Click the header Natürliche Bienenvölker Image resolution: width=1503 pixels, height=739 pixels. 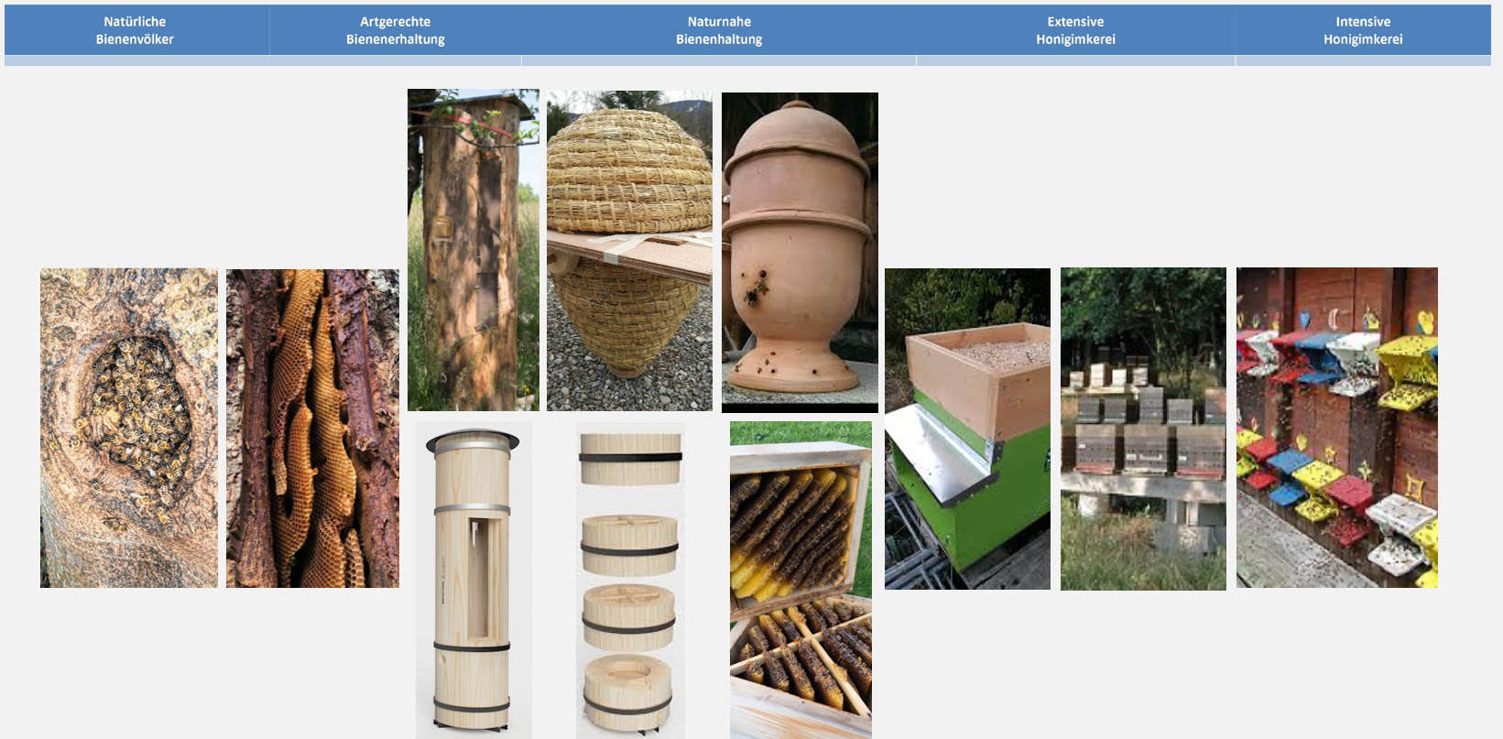(135, 30)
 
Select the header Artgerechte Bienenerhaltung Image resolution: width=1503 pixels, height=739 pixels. (395, 30)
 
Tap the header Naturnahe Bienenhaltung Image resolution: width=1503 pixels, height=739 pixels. (719, 30)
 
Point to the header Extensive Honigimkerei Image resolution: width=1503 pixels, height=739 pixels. (1075, 30)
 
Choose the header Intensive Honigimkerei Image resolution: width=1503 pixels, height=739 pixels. (1363, 30)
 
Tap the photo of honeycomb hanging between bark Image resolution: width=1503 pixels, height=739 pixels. (312, 428)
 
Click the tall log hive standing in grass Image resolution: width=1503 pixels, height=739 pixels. (473, 249)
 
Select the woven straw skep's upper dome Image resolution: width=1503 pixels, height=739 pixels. (629, 174)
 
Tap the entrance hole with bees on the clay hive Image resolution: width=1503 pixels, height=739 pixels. (757, 289)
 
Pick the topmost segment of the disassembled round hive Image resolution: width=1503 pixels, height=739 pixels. (630, 457)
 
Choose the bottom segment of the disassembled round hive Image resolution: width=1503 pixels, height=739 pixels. (628, 691)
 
